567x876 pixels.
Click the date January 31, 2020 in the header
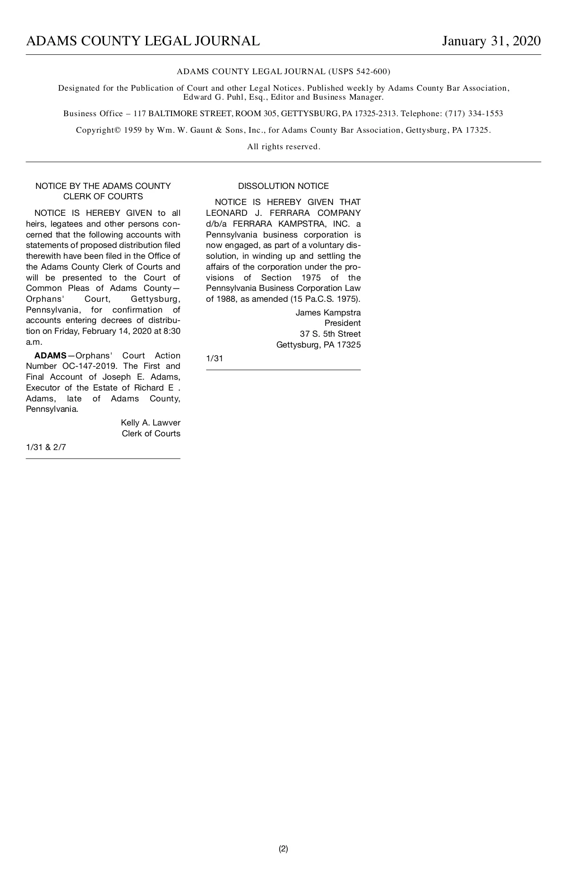pyautogui.click(x=491, y=41)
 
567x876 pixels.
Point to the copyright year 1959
pyautogui.click(x=133, y=130)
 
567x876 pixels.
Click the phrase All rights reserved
pyautogui.click(x=283, y=147)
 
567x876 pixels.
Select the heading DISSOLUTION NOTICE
pyautogui.click(x=283, y=186)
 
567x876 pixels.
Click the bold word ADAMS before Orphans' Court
pyautogui.click(x=50, y=356)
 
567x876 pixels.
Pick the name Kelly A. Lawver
pyautogui.click(x=150, y=423)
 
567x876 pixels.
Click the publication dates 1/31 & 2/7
pyautogui.click(x=46, y=447)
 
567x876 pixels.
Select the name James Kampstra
pyautogui.click(x=328, y=313)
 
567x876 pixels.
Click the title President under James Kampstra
pyautogui.click(x=342, y=323)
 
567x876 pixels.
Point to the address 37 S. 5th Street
pyautogui.click(x=330, y=334)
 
